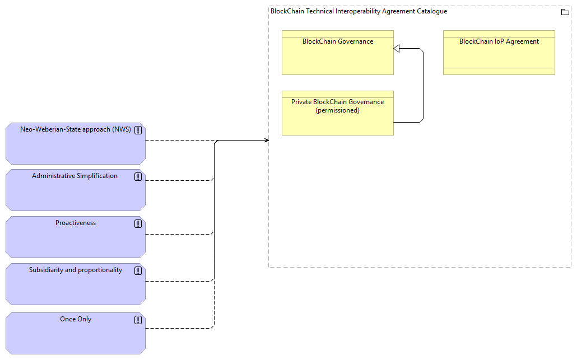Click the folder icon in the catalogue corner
[x=565, y=12]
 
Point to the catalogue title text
[x=359, y=11]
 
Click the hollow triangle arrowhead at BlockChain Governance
[x=397, y=49]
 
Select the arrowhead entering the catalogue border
[x=266, y=141]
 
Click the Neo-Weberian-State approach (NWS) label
[x=75, y=129]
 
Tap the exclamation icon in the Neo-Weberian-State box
[x=138, y=130]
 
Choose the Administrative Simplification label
[x=75, y=176]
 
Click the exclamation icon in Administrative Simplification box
[x=138, y=177]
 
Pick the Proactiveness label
[x=76, y=223]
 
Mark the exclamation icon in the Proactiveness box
[x=138, y=224]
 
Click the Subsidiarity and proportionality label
[x=76, y=270]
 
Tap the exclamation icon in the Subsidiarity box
[x=138, y=271]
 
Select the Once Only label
[x=76, y=319]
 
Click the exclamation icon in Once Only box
[x=138, y=320]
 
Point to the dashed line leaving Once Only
[x=179, y=328]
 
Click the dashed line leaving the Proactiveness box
[x=179, y=234]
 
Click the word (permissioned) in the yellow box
[x=337, y=110]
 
